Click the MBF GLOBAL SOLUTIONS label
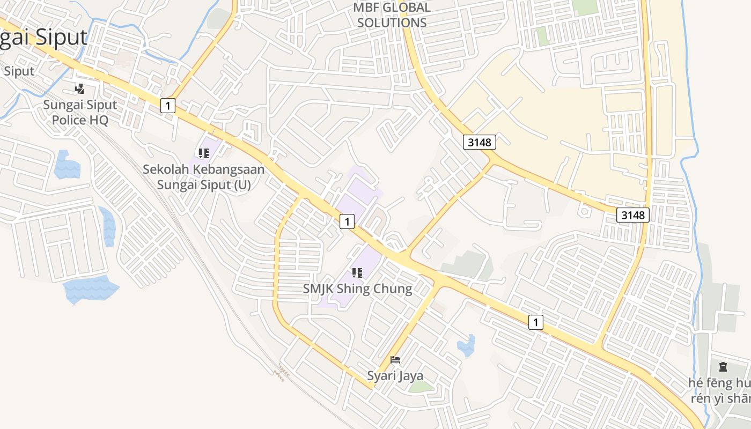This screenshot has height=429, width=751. pyautogui.click(x=392, y=15)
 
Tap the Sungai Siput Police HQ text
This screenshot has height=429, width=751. pyautogui.click(x=80, y=112)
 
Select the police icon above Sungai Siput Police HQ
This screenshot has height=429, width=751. pyautogui.click(x=80, y=88)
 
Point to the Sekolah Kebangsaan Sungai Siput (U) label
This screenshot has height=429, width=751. pyautogui.click(x=204, y=177)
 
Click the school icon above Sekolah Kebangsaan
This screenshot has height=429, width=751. pyautogui.click(x=204, y=154)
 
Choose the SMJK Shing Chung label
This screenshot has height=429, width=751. pyautogui.click(x=357, y=289)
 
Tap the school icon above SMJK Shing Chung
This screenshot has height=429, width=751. pyautogui.click(x=357, y=273)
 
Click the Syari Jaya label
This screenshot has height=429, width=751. pyautogui.click(x=395, y=375)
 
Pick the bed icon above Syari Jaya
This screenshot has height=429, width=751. pyautogui.click(x=395, y=360)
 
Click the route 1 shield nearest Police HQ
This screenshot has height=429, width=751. pyautogui.click(x=168, y=106)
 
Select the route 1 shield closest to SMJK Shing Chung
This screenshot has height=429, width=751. pyautogui.click(x=347, y=221)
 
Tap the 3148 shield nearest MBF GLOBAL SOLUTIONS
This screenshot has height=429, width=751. pyautogui.click(x=479, y=142)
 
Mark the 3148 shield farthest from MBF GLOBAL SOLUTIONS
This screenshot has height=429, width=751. pyautogui.click(x=633, y=215)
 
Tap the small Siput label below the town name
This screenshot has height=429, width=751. pyautogui.click(x=19, y=71)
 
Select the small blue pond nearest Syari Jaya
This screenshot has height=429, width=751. pyautogui.click(x=466, y=346)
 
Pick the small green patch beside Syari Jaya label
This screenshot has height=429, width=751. pyautogui.click(x=421, y=387)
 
